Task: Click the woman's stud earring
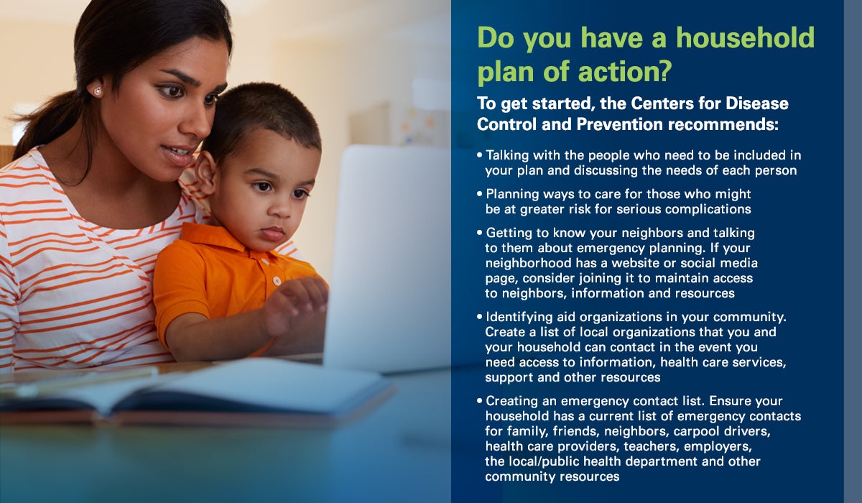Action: tap(98, 91)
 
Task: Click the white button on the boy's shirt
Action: tap(277, 281)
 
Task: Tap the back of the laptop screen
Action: tap(387, 258)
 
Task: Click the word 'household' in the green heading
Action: tap(746, 37)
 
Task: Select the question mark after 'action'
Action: tap(664, 70)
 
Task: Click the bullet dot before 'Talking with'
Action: tap(480, 155)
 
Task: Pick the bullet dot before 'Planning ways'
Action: tap(480, 193)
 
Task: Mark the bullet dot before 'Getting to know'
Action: tap(480, 232)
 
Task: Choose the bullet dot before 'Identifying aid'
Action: tap(480, 317)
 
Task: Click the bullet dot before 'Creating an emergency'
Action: tap(480, 401)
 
